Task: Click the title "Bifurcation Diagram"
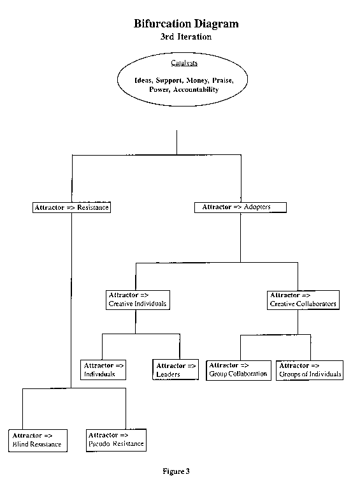(186, 24)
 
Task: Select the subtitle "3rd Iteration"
(186, 37)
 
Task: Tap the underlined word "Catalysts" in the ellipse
(184, 63)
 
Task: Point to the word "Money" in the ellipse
(197, 80)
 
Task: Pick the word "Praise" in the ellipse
(223, 80)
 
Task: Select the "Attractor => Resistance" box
(71, 207)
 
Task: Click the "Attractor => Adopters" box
(240, 207)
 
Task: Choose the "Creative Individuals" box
(138, 300)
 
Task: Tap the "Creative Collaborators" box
(303, 300)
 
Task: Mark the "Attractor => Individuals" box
(103, 370)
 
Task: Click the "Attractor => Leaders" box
(176, 370)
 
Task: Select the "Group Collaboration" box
(238, 371)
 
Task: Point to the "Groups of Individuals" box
(310, 371)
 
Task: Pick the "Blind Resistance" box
(38, 441)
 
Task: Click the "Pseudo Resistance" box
(116, 440)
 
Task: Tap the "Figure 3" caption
(176, 471)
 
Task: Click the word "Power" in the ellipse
(159, 90)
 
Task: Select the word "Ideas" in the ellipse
(144, 80)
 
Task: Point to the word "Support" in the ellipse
(169, 80)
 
